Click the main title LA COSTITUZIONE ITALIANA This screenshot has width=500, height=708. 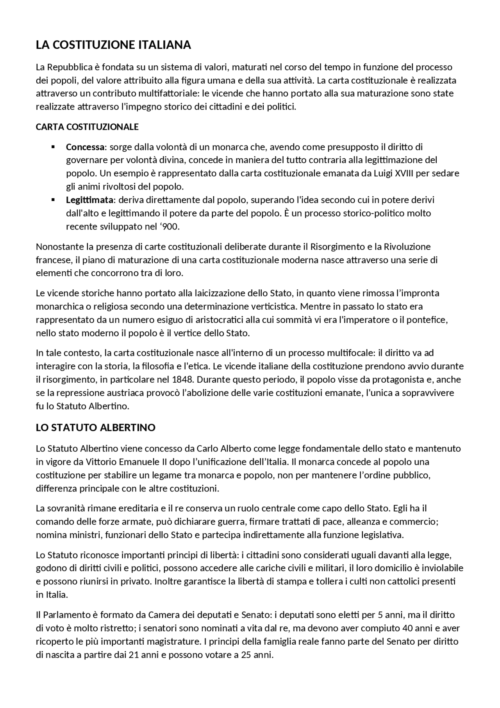[x=113, y=45]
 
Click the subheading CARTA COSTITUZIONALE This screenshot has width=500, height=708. [x=87, y=127]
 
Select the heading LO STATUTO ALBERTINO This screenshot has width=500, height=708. [x=96, y=427]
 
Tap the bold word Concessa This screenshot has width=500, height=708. [x=85, y=147]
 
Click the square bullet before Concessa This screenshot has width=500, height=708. [x=53, y=147]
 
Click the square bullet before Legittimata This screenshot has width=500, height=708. [x=53, y=200]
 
